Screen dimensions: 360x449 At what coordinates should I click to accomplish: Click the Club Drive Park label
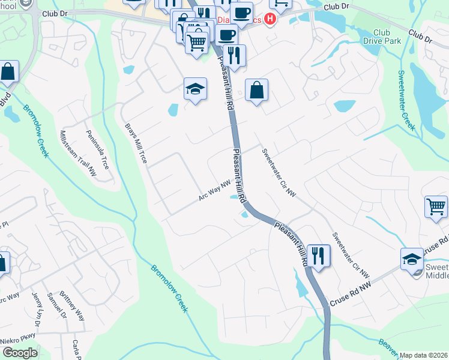coord(381,37)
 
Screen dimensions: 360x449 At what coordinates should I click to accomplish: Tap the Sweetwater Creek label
coord(406,100)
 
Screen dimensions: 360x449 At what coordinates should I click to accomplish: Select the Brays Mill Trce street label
coord(136,143)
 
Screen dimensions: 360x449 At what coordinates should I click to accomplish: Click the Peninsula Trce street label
coord(97,150)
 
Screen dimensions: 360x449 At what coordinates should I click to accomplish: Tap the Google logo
coord(20,353)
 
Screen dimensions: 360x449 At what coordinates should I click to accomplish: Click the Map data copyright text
coord(423,355)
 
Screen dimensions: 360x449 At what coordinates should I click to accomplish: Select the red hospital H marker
coord(270,19)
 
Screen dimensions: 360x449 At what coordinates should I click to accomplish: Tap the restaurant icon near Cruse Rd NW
coord(318,256)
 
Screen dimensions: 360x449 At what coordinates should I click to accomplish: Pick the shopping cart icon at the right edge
coord(436,207)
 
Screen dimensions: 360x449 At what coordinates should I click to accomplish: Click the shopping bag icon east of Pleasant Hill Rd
coord(256,91)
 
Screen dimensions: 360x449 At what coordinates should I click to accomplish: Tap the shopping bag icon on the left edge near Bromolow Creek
coord(8,71)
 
